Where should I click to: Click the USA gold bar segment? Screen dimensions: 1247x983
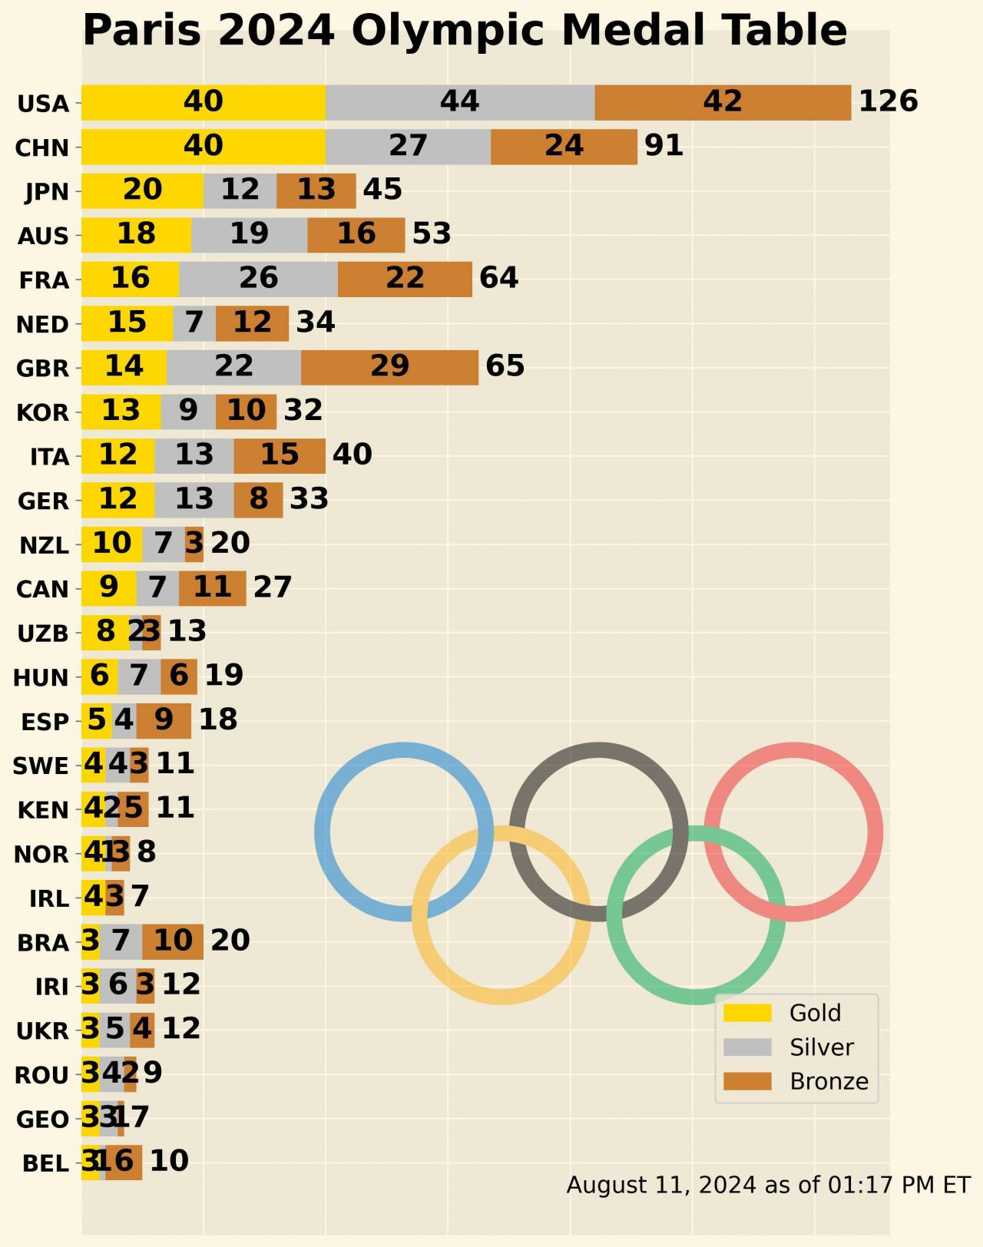click(204, 102)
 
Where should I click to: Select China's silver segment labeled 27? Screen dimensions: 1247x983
click(408, 147)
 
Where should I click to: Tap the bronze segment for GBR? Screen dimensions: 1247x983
click(389, 367)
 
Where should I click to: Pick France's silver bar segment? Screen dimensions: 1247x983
click(258, 279)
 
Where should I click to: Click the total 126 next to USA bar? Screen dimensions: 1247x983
click(888, 101)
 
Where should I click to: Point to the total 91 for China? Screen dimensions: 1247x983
click(664, 146)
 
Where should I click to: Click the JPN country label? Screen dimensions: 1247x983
click(47, 191)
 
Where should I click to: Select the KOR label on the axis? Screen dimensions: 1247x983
click(43, 412)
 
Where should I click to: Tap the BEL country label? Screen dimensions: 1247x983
click(45, 1163)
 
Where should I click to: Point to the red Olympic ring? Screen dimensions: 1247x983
click(875, 832)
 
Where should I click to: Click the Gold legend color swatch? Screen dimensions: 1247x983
click(746, 1013)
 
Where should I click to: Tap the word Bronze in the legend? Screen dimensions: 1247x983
click(829, 1081)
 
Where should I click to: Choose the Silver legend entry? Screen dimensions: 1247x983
click(821, 1047)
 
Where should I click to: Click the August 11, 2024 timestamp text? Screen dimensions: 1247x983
click(768, 1185)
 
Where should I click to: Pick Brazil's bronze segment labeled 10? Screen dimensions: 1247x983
click(173, 941)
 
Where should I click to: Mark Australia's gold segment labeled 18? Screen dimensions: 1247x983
click(136, 235)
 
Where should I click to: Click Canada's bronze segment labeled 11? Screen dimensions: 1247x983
click(212, 588)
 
